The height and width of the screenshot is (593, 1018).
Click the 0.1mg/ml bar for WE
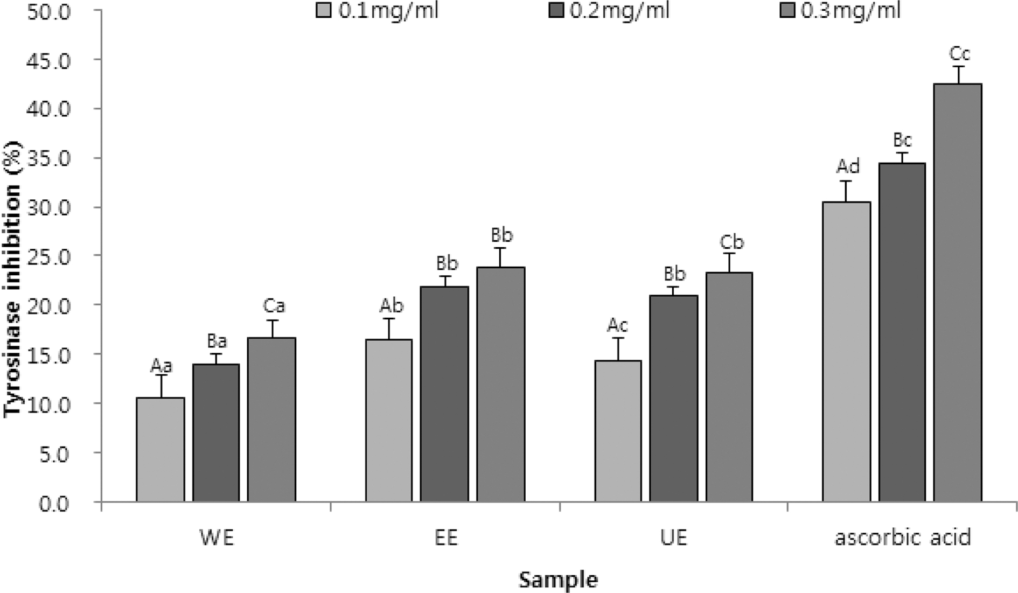pos(160,450)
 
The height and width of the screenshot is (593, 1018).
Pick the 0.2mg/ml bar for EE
pos(444,394)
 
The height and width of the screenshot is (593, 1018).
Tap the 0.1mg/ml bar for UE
pos(618,431)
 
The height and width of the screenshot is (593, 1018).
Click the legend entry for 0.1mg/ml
pos(377,11)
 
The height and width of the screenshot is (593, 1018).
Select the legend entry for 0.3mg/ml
pos(840,11)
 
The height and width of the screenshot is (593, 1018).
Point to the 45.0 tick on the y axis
pos(48,61)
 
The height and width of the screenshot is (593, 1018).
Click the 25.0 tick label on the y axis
pos(48,257)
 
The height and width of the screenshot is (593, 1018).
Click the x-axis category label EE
pos(445,538)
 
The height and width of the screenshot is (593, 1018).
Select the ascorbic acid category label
pos(903,538)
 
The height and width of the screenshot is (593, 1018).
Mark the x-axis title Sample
pos(558,580)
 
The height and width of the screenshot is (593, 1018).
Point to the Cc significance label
pos(959,54)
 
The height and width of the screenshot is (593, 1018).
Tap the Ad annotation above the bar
pos(848,166)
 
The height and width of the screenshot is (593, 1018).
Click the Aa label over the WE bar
pos(161,366)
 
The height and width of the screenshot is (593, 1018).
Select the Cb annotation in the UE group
pos(731,242)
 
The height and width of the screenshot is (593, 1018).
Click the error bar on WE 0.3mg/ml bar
pos(272,328)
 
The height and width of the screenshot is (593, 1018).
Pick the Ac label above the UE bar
pos(617,325)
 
